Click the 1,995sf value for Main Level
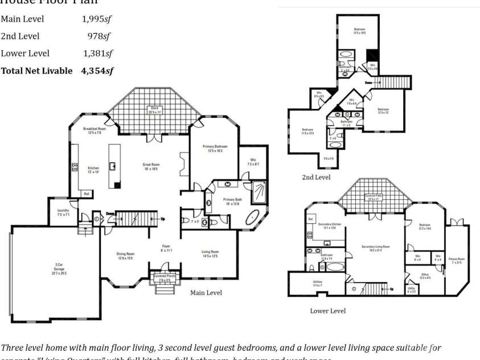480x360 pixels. tap(96, 19)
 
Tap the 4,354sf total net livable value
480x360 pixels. tap(97, 71)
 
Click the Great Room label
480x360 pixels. tap(151, 166)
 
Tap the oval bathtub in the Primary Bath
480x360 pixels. tap(253, 217)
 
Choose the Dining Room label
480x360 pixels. tap(126, 256)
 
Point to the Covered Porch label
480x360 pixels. tap(162, 278)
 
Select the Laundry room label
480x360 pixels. tap(63, 212)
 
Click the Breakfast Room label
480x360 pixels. tap(94, 130)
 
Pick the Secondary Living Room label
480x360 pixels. tap(375, 247)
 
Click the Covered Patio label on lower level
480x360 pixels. tap(374, 197)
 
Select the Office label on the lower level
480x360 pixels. tap(425, 276)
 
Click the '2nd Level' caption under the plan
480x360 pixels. tap(316, 177)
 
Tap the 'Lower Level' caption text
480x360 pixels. tap(327, 311)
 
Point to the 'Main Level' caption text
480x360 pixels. tap(206, 292)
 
